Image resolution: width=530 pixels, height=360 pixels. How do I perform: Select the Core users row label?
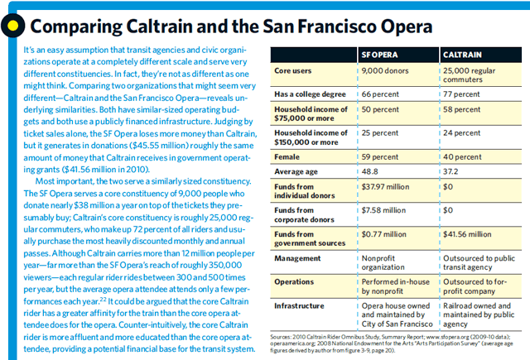pyautogui.click(x=294, y=72)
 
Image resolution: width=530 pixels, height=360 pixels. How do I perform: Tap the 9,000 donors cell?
pyautogui.click(x=387, y=72)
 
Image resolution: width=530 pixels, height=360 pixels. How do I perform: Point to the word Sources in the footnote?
pyautogui.click(x=283, y=338)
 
